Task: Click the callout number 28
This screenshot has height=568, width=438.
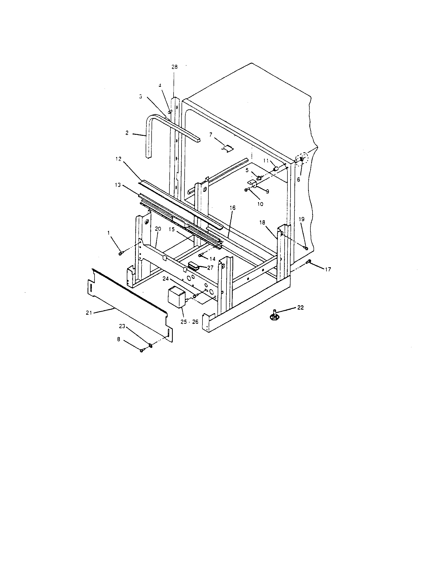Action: tap(175, 67)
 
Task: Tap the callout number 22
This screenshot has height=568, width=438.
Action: tap(300, 307)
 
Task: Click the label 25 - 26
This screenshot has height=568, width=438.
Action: tap(190, 322)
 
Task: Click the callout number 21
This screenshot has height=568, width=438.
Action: tap(89, 313)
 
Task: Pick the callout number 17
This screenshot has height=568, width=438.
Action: tap(328, 270)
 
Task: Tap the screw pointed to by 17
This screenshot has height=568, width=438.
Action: tap(309, 262)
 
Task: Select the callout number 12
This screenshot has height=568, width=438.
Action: tap(118, 159)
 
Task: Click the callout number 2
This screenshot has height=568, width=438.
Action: tap(127, 133)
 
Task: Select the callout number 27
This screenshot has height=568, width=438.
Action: tap(210, 268)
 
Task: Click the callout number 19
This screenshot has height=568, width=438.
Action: tap(301, 219)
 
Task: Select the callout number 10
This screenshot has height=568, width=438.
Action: tap(260, 204)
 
